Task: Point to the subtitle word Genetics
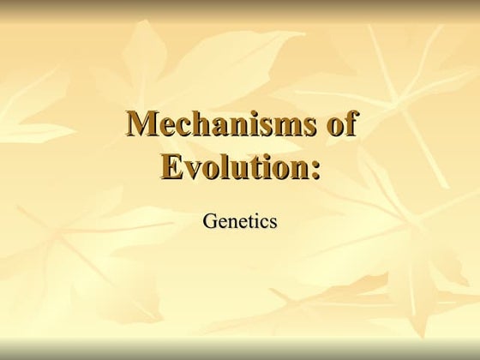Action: (240, 221)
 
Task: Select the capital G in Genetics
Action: (209, 221)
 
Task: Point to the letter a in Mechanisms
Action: (219, 128)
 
